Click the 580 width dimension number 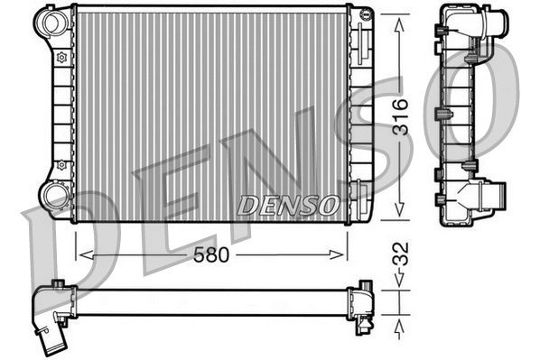[x=210, y=255]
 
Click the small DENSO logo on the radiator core [x=288, y=205]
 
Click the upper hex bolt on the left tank [x=61, y=58]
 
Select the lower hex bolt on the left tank [x=61, y=165]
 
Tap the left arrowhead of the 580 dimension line [x=82, y=255]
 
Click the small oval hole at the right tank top [x=364, y=14]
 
